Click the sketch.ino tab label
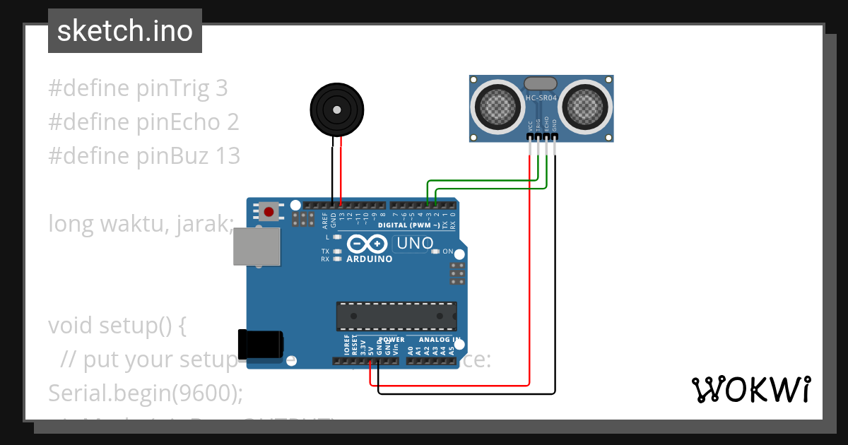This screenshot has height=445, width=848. pyautogui.click(x=124, y=31)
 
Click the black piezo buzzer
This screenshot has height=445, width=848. pyautogui.click(x=337, y=109)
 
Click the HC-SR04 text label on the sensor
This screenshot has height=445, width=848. pyautogui.click(x=541, y=97)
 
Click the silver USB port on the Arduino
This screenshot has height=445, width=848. pyautogui.click(x=257, y=247)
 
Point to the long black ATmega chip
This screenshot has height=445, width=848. pyautogui.click(x=396, y=316)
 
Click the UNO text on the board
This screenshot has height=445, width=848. pyautogui.click(x=416, y=244)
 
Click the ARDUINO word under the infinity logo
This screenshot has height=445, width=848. pyautogui.click(x=369, y=259)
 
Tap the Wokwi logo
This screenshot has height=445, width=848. pyautogui.click(x=750, y=389)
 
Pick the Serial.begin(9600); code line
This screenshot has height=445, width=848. pyautogui.click(x=145, y=393)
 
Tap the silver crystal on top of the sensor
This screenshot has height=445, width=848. pyautogui.click(x=541, y=83)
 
